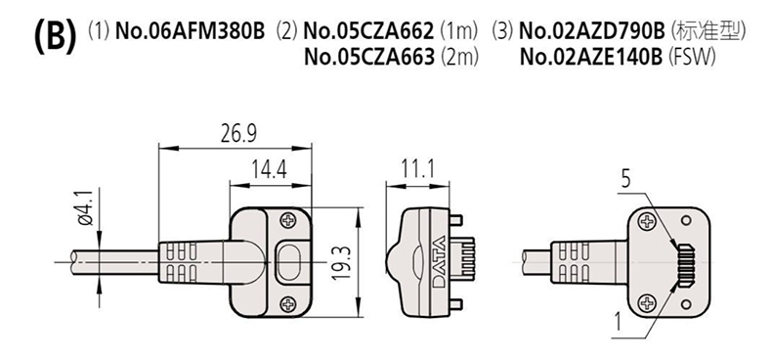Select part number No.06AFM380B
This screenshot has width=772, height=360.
(x=190, y=31)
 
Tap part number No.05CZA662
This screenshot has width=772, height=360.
(x=369, y=31)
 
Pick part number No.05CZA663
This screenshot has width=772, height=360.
(x=369, y=57)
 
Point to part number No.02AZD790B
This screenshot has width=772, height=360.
(x=592, y=31)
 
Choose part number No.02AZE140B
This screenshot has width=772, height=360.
(x=591, y=57)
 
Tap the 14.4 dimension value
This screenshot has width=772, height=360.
(x=270, y=170)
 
